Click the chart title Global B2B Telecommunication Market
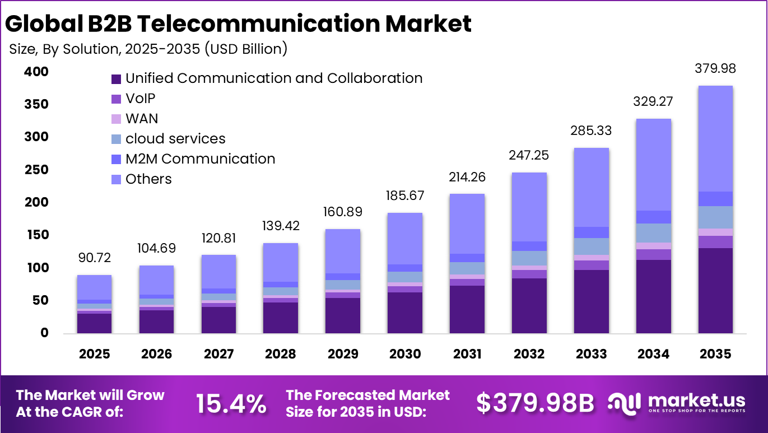click(238, 24)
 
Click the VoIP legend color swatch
click(117, 99)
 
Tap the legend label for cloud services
click(175, 139)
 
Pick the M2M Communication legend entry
click(200, 159)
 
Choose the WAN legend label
click(142, 119)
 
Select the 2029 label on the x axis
click(343, 354)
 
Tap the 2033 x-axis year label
click(592, 354)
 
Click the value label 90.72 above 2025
click(94, 258)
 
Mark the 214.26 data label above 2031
click(467, 178)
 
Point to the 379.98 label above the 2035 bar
click(715, 69)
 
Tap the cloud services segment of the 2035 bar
click(715, 217)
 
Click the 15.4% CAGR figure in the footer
click(231, 403)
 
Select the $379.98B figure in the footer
click(535, 403)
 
